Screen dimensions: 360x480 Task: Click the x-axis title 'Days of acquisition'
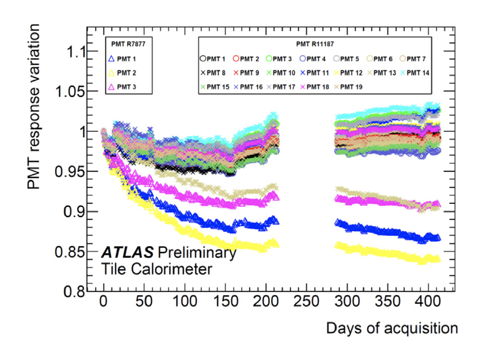391,329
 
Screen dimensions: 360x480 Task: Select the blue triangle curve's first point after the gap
336,222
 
